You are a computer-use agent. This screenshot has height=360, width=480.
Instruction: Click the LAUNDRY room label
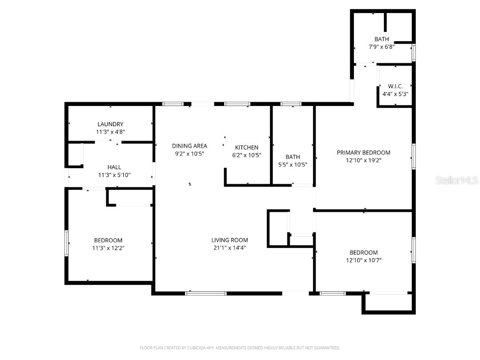[x=110, y=124]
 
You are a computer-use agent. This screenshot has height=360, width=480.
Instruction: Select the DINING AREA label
[x=189, y=146]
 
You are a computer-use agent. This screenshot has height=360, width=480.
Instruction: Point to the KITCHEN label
[x=247, y=147]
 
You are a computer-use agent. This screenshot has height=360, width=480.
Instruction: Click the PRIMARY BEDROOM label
[x=363, y=152]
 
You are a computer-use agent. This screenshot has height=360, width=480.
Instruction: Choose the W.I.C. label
[x=395, y=86]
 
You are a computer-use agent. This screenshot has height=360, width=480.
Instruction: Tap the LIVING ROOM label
[x=229, y=240]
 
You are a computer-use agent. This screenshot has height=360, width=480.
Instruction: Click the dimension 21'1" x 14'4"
[x=229, y=247]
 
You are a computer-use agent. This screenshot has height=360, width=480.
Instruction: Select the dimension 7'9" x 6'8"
[x=381, y=47]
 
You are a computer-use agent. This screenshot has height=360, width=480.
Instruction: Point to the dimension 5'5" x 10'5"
[x=292, y=165]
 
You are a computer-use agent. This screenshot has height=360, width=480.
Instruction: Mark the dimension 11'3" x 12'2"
[x=108, y=248]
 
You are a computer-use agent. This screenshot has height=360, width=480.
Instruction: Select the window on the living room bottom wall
[x=206, y=293]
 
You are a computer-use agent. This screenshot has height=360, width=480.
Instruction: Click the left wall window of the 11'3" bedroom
[x=67, y=243]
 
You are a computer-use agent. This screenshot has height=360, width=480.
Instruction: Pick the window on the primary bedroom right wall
[x=413, y=156]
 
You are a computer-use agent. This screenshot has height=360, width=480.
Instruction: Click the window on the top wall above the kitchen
[x=237, y=104]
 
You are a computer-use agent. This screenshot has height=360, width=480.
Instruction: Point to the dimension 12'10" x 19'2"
[x=363, y=160]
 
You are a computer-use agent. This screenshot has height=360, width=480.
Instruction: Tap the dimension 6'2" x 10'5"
[x=247, y=155]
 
